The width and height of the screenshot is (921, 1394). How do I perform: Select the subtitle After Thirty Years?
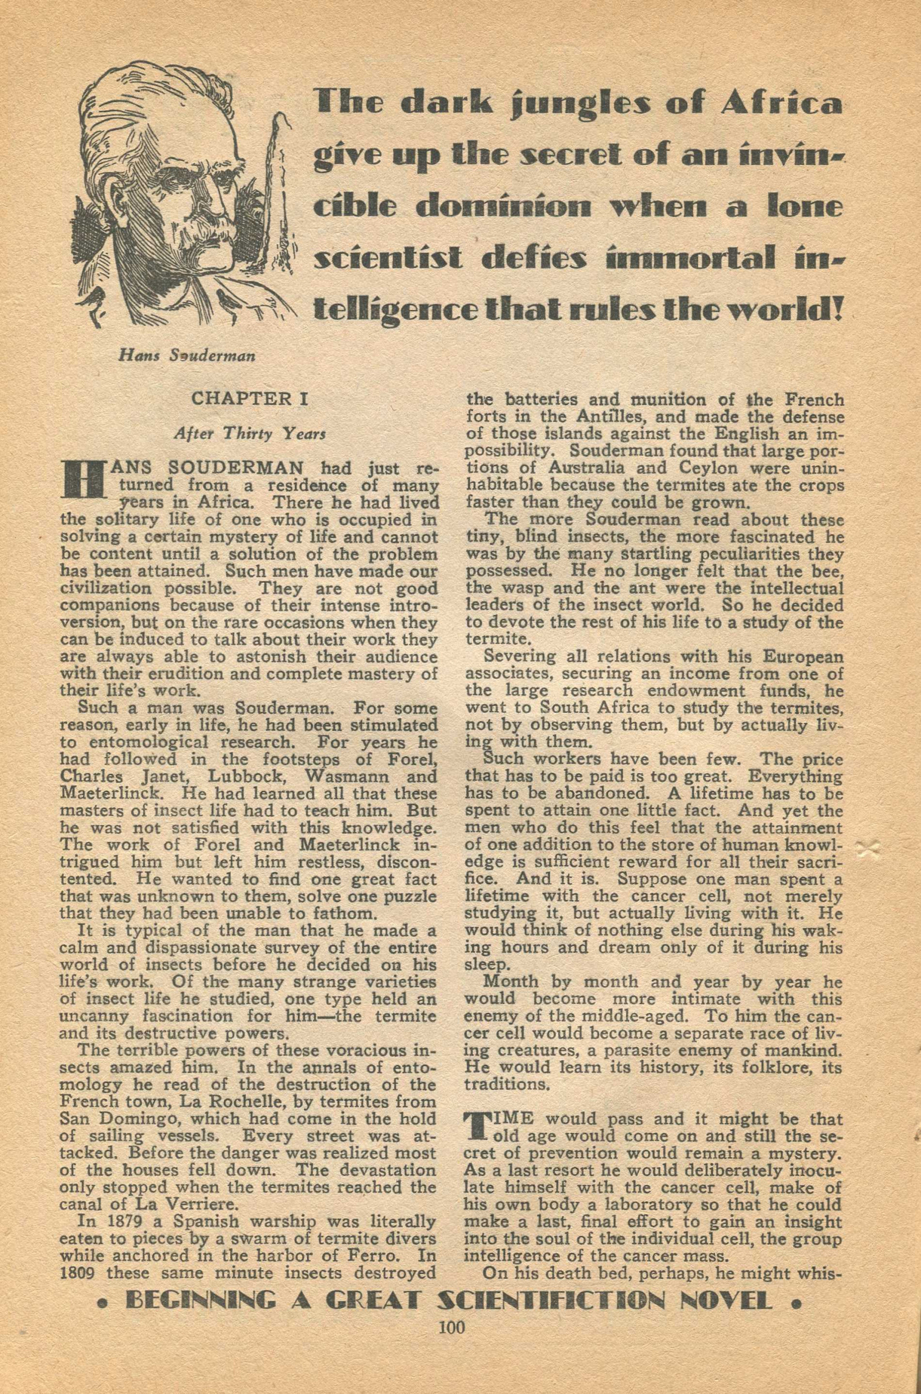(249, 435)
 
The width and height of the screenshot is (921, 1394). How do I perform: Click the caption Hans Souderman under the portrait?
(185, 356)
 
